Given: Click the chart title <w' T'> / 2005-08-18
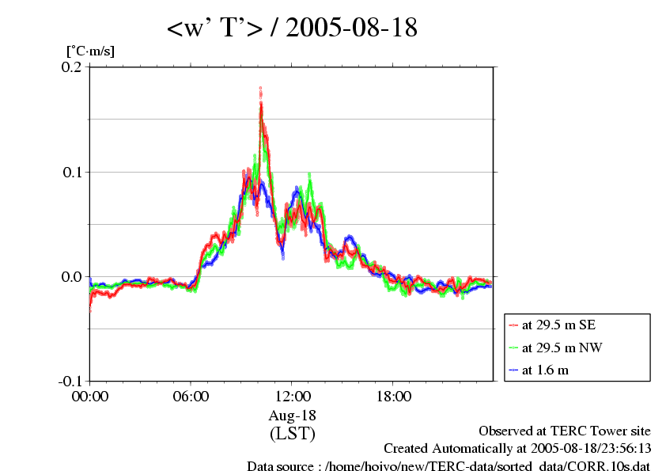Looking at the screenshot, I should click(x=291, y=28).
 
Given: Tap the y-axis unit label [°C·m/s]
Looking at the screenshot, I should click(x=90, y=51).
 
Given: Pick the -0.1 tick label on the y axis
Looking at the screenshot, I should click(x=70, y=381).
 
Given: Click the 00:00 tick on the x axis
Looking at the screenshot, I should click(x=90, y=396).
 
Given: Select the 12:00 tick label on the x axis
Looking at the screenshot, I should click(x=292, y=396).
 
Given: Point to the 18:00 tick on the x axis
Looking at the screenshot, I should click(x=393, y=396).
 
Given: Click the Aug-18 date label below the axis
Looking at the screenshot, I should click(x=292, y=415).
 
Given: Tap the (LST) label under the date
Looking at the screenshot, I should click(x=292, y=433).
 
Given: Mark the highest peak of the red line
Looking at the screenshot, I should click(x=260, y=89).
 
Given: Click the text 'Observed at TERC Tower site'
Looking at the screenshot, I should click(x=564, y=431).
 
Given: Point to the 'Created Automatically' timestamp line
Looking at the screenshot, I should click(x=517, y=448).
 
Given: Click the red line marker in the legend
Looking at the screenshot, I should click(x=514, y=325).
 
